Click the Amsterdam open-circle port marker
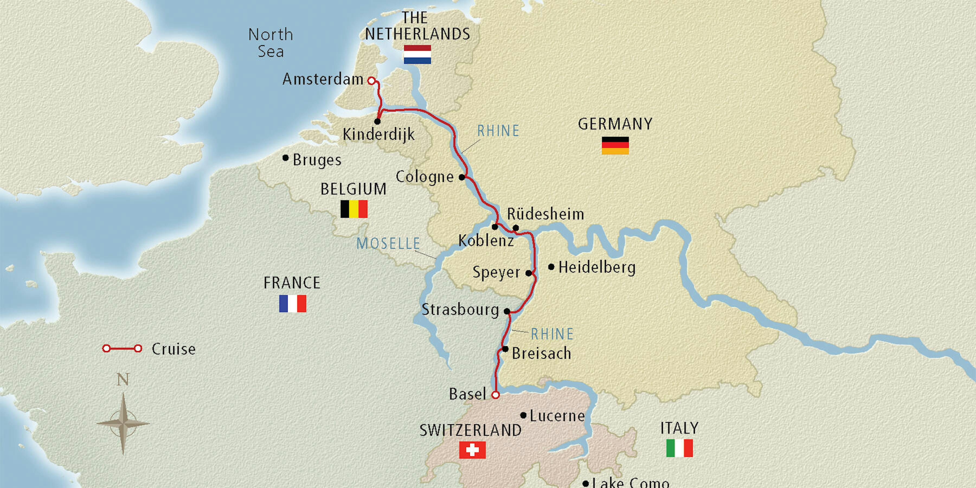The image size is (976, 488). [x=372, y=81]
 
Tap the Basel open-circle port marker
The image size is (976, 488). [x=495, y=395]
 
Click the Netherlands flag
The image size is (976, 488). [x=417, y=54]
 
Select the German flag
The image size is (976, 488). [x=615, y=146]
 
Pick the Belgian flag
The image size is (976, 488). [x=354, y=209]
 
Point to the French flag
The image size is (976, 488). [x=293, y=303]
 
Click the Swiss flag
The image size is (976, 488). [x=472, y=450]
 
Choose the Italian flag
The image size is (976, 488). [x=679, y=448]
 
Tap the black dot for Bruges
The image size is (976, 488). [x=286, y=158]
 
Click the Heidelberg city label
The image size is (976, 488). [x=597, y=268]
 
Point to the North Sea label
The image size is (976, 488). [x=271, y=43]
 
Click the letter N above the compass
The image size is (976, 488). [x=123, y=379]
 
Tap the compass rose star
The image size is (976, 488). [x=123, y=423]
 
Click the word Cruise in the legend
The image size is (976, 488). [x=174, y=349]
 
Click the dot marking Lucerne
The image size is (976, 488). [x=523, y=415]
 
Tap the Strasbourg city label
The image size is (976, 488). [x=460, y=310]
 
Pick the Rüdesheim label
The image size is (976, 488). [x=545, y=214]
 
